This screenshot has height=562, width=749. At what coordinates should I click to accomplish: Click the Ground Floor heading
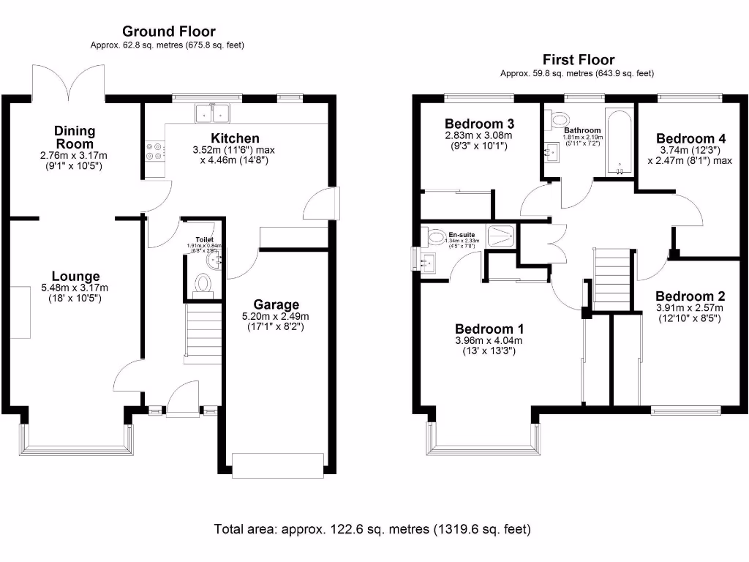pyautogui.click(x=168, y=31)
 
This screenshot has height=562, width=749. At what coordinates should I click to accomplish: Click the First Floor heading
pyautogui.click(x=578, y=60)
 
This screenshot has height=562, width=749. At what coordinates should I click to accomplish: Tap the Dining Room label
pyautogui.click(x=74, y=138)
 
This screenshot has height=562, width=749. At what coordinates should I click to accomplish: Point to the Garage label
pyautogui.click(x=276, y=304)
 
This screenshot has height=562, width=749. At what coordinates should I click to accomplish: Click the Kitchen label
pyautogui.click(x=235, y=138)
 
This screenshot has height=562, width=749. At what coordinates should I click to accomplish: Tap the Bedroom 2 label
pyautogui.click(x=690, y=296)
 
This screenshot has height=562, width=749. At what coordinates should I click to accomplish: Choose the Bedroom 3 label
pyautogui.click(x=478, y=123)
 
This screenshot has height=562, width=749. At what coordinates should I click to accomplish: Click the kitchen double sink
pyautogui.click(x=211, y=113)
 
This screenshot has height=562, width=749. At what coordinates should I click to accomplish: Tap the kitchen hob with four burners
pyautogui.click(x=154, y=150)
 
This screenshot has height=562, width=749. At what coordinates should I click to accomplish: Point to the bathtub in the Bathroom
pyautogui.click(x=620, y=143)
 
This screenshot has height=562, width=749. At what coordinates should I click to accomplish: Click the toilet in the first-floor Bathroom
pyautogui.click(x=560, y=119)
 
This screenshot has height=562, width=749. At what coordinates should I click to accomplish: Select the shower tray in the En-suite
pyautogui.click(x=501, y=235)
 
